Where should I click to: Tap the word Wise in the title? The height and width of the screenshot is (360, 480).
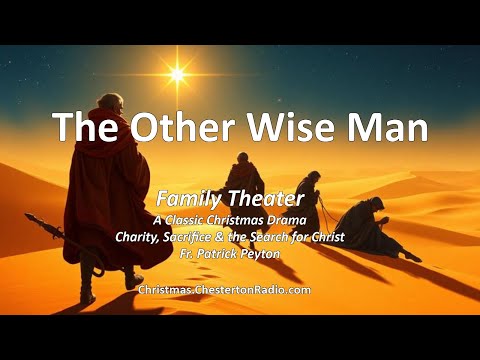click(294, 129)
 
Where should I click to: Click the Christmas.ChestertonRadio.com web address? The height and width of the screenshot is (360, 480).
click(224, 289)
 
